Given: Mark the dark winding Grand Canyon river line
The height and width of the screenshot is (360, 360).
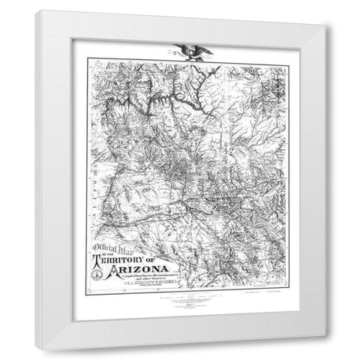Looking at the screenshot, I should pos(150,94).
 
